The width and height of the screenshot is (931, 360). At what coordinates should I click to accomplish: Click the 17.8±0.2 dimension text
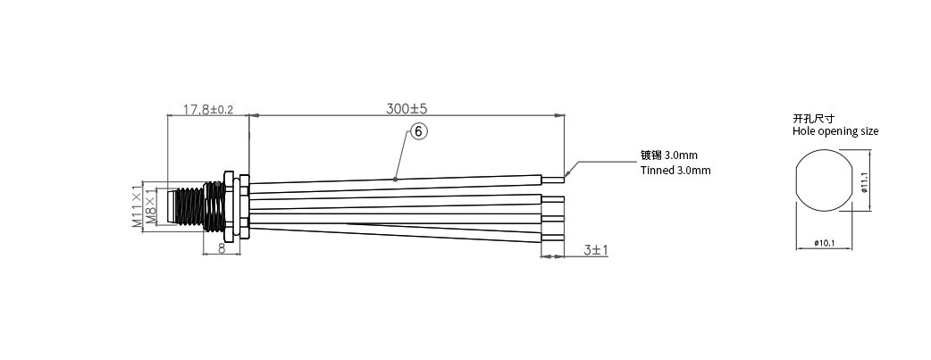207,110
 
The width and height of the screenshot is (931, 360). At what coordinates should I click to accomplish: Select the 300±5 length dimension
407,109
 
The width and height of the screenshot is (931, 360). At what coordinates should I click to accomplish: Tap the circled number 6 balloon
420,132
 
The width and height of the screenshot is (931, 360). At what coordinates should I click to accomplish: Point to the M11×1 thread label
137,207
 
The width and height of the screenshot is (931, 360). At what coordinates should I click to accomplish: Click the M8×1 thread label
151,208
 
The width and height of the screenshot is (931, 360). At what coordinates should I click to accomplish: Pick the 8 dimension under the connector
222,247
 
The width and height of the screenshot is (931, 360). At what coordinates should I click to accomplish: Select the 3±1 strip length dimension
596,250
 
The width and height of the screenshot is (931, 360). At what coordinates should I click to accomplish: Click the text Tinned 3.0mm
675,170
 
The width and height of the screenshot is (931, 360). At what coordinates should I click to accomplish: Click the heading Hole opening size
835,131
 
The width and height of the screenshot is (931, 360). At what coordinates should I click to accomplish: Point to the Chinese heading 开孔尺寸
812,118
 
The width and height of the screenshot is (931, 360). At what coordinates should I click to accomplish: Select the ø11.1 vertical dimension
864,181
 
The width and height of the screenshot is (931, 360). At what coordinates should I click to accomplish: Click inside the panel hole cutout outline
824,181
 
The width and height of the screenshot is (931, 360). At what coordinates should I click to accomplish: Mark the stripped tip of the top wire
554,177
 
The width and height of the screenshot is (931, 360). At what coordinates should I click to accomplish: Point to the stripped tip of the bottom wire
554,238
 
